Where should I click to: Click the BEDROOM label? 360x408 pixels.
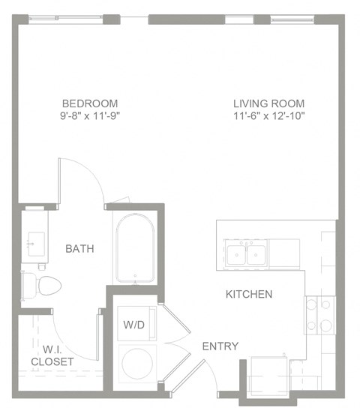(89, 103)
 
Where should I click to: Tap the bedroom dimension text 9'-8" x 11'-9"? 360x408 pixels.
(89, 115)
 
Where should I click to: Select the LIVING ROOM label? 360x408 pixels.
(268, 103)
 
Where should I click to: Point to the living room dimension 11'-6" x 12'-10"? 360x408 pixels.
(268, 115)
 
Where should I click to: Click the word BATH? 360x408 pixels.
(79, 248)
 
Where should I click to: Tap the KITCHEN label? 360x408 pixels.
(249, 294)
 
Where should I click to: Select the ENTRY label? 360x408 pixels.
(220, 346)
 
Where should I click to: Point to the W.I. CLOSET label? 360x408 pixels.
(52, 354)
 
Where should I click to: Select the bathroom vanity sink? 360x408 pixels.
(34, 242)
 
